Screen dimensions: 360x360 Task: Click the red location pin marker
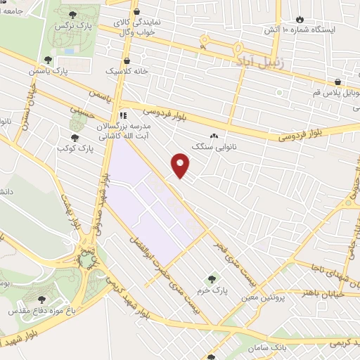coord(181,165)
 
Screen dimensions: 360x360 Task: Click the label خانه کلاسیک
coord(124,72)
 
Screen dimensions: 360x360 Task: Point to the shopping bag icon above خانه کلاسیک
coord(126,60)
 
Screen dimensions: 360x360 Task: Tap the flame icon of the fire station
coord(300,19)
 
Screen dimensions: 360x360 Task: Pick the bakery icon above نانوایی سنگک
coord(214,136)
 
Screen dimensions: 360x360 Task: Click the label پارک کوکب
coord(76,148)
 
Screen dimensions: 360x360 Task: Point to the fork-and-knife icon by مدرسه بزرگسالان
coord(123,115)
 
